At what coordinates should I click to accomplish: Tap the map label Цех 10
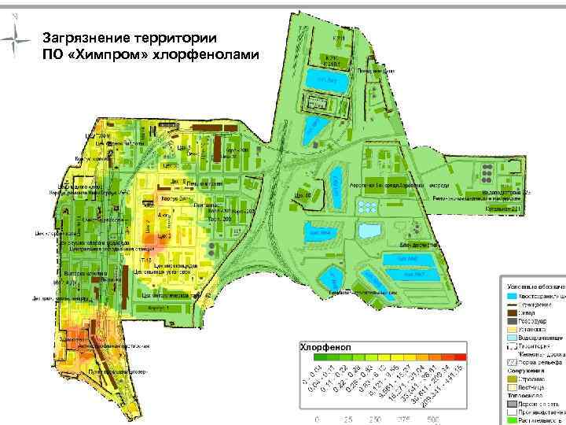(303, 193)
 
